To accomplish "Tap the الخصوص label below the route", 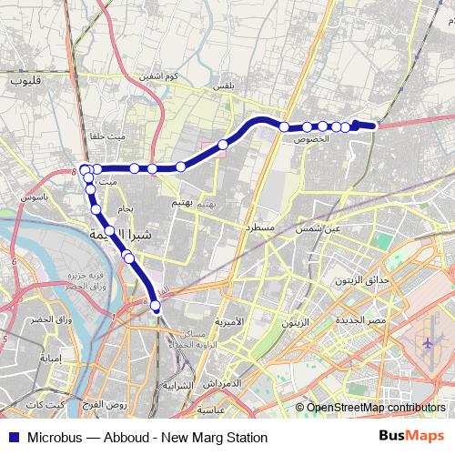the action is click(312, 139).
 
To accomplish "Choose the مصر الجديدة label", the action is click(362, 320).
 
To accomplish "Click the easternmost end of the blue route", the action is click(373, 126).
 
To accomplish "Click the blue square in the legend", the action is click(12, 437).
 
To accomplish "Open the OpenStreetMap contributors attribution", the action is click(375, 408).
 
